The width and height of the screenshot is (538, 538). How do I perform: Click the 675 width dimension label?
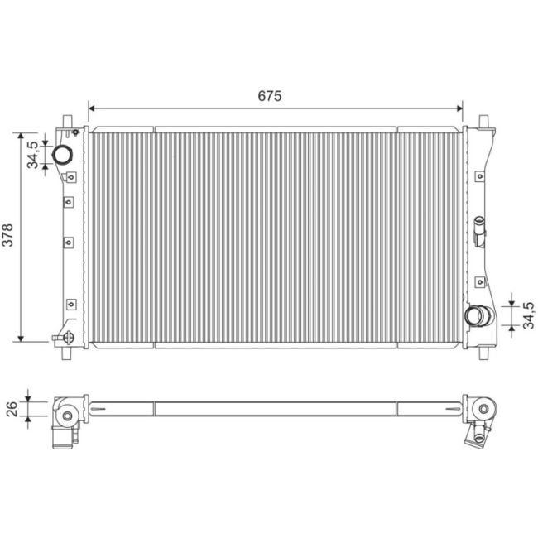point(269,96)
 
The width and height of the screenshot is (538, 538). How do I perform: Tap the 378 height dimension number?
point(8,236)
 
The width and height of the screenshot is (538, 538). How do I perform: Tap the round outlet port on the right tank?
point(476,315)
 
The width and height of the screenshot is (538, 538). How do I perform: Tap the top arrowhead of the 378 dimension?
point(22,135)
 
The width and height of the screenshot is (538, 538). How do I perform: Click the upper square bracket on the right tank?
point(479,174)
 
